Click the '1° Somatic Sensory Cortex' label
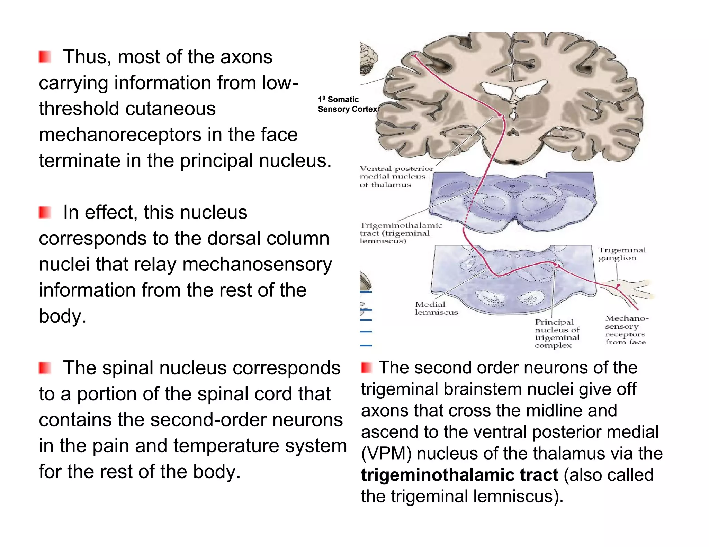[x=347, y=104]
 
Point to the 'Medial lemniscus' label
[x=436, y=308]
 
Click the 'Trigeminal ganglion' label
[x=622, y=254]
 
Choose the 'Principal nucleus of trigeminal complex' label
[x=557, y=333]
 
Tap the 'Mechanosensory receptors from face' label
[x=626, y=330]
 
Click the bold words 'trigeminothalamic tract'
[x=459, y=475]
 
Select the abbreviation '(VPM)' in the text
[x=386, y=453]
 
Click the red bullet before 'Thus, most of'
[x=45, y=57]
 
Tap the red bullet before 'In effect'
[x=45, y=212]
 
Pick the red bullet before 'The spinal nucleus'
[x=45, y=368]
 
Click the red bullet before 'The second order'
[x=366, y=368]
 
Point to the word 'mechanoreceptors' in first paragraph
[x=120, y=135]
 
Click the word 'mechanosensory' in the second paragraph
[x=257, y=264]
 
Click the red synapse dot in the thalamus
[x=500, y=114]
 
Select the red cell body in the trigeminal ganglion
[x=618, y=286]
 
